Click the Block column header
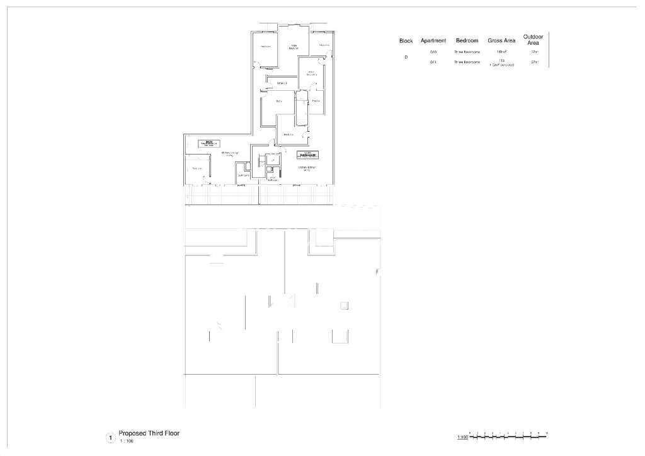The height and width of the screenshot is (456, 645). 406,41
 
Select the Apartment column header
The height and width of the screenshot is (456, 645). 433,41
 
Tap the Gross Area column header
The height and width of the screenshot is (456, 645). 501,41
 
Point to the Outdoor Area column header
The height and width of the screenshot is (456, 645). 533,40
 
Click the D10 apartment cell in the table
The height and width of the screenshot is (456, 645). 433,52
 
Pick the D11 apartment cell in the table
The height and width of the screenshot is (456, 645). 433,62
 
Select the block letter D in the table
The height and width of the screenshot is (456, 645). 406,57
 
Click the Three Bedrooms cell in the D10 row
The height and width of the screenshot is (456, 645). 467,52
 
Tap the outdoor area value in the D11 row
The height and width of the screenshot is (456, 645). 534,62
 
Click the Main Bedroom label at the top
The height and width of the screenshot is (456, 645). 294,46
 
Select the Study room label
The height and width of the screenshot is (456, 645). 278,101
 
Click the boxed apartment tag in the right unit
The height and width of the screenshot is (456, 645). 307,155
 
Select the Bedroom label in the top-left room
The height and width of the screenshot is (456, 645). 265,47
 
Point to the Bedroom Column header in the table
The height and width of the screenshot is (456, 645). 467,41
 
